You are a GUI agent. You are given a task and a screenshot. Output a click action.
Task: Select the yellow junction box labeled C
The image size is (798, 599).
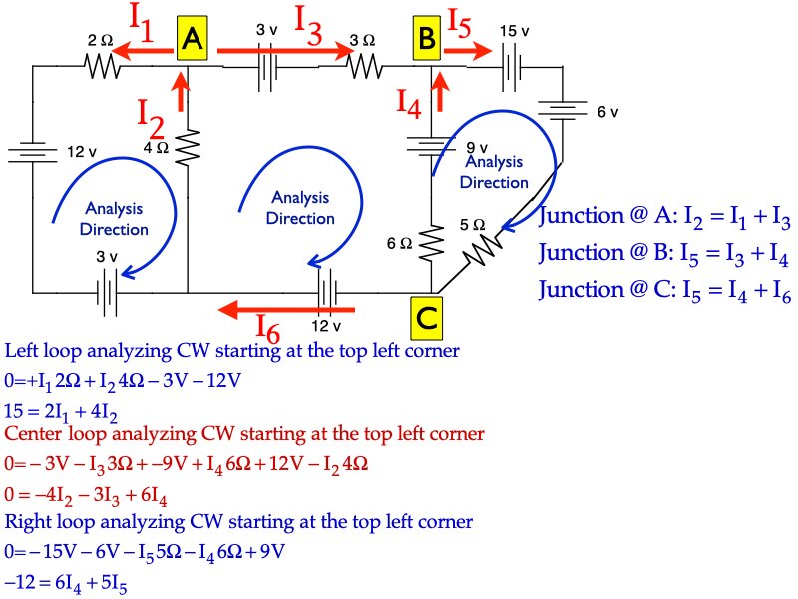click(x=425, y=319)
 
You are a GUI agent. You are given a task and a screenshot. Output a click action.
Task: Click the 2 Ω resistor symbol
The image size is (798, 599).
click(x=100, y=66)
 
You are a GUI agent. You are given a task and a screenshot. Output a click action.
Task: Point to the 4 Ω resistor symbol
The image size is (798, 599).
click(x=188, y=150)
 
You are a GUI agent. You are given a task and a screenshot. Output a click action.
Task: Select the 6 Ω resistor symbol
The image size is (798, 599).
click(x=431, y=240)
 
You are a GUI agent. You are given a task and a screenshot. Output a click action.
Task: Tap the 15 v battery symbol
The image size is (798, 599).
click(x=512, y=66)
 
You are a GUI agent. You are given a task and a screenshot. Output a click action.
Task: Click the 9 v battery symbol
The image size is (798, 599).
click(x=430, y=148)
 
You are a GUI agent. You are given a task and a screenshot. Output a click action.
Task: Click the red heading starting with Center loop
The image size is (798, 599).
click(x=244, y=434)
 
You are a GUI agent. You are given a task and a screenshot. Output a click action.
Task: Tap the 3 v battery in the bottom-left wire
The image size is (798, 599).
click(x=106, y=293)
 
